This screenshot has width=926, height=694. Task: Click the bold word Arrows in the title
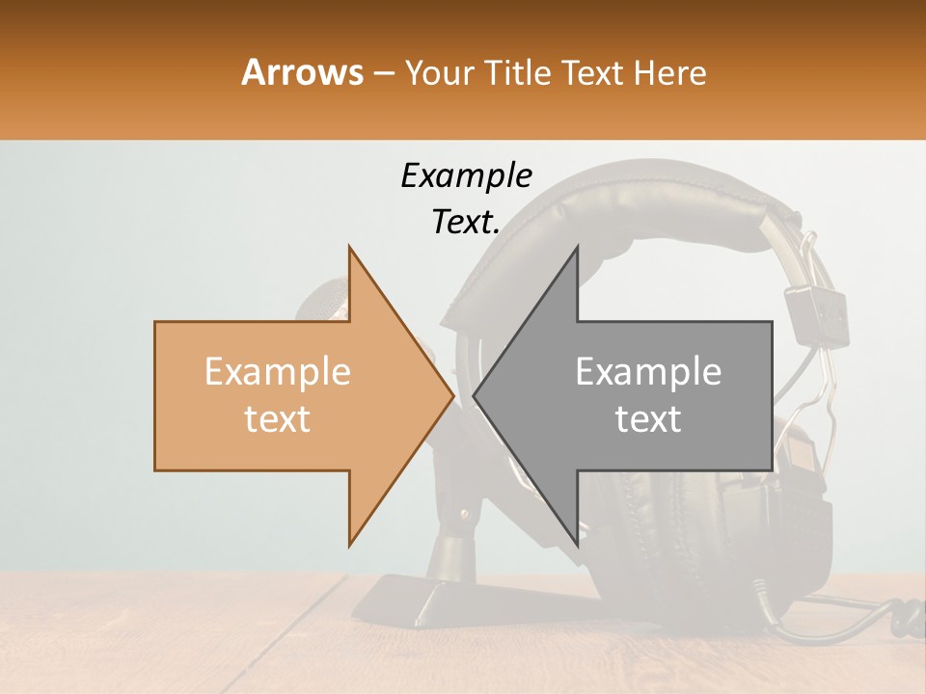(x=303, y=72)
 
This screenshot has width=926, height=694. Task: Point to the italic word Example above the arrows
(x=466, y=175)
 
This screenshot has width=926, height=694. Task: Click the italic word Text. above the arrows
(x=466, y=223)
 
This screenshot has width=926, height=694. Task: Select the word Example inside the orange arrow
(x=278, y=372)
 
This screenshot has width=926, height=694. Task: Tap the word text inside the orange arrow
(x=278, y=419)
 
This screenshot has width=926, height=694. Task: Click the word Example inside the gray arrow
(x=648, y=372)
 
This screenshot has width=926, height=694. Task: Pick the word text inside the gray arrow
(x=648, y=419)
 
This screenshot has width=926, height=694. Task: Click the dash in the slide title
(x=384, y=73)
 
